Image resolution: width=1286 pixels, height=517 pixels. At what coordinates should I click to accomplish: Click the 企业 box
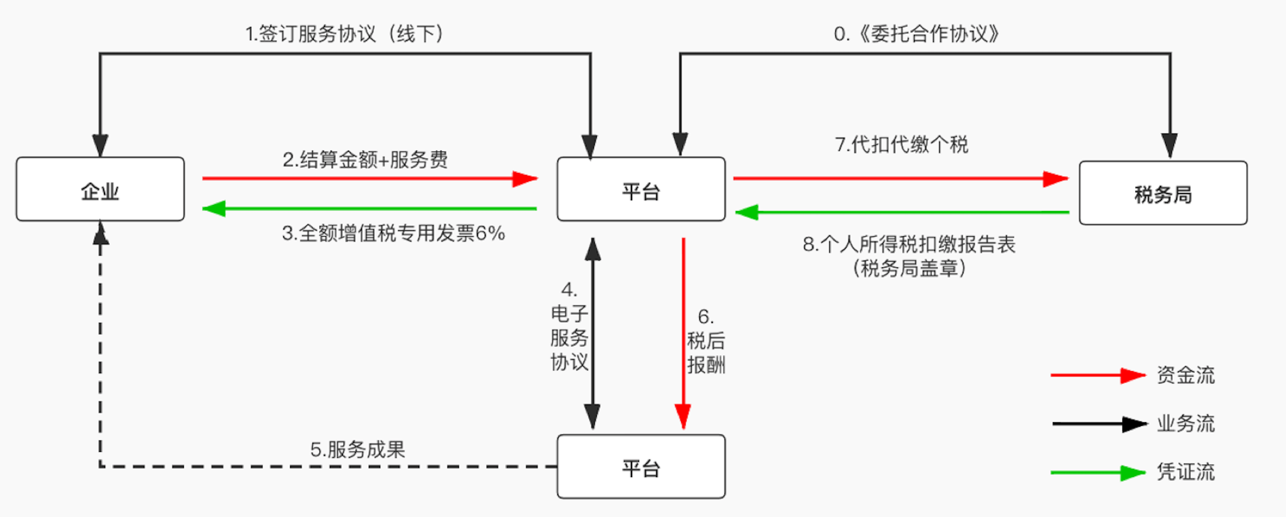point(100,189)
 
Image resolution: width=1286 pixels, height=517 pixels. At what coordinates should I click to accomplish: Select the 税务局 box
point(1162,193)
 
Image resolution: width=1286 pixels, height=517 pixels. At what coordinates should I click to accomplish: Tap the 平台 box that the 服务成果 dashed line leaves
point(641,467)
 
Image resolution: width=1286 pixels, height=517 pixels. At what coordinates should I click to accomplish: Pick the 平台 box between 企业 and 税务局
point(641,189)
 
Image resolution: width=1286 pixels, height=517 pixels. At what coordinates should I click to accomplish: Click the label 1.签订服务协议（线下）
point(345,34)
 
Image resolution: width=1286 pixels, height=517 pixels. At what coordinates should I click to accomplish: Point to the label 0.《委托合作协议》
point(917,34)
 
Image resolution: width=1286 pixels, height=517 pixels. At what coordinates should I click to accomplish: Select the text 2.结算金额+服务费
point(365,160)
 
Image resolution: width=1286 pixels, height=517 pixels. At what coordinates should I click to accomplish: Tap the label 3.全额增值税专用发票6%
point(393,233)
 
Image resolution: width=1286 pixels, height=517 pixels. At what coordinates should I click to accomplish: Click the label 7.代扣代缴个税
point(901,145)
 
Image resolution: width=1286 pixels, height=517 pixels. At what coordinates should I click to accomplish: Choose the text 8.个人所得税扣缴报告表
point(908,244)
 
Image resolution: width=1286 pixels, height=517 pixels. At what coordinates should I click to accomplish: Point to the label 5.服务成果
point(357,449)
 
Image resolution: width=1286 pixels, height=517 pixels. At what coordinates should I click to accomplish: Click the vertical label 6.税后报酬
point(706,341)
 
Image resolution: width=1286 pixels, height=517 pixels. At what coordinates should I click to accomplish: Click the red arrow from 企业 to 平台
point(370,178)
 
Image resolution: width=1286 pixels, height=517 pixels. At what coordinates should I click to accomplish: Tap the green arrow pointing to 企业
point(370,208)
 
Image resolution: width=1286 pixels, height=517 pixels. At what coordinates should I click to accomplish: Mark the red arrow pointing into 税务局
point(900,178)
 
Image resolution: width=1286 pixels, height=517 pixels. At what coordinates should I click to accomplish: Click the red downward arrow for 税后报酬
point(683,332)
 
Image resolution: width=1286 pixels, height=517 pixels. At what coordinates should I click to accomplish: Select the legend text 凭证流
point(1186,472)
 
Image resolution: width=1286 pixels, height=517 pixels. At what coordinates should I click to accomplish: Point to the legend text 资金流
point(1186,375)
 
